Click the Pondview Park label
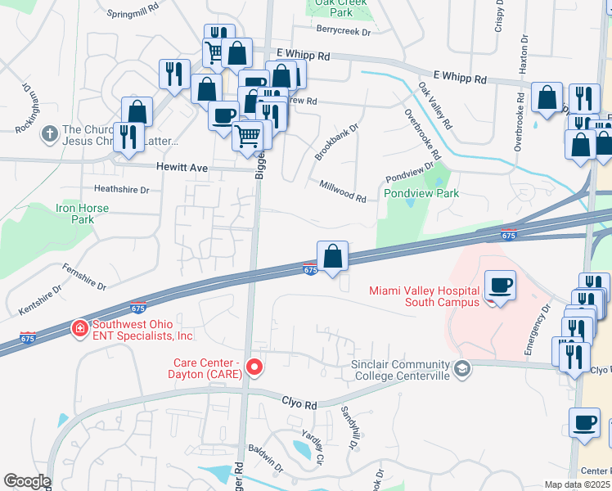[x=421, y=194]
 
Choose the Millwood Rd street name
[x=343, y=192]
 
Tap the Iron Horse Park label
[x=82, y=214]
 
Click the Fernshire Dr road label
[x=85, y=277]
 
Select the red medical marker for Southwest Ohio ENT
[x=79, y=329]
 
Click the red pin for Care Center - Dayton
[x=254, y=367]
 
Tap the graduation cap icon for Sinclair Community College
[x=462, y=370]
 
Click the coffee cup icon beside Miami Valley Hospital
[x=501, y=286]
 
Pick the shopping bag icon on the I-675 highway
[x=333, y=256]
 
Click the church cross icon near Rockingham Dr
[x=49, y=132]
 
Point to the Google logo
[x=27, y=481]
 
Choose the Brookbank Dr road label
[x=337, y=142]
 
